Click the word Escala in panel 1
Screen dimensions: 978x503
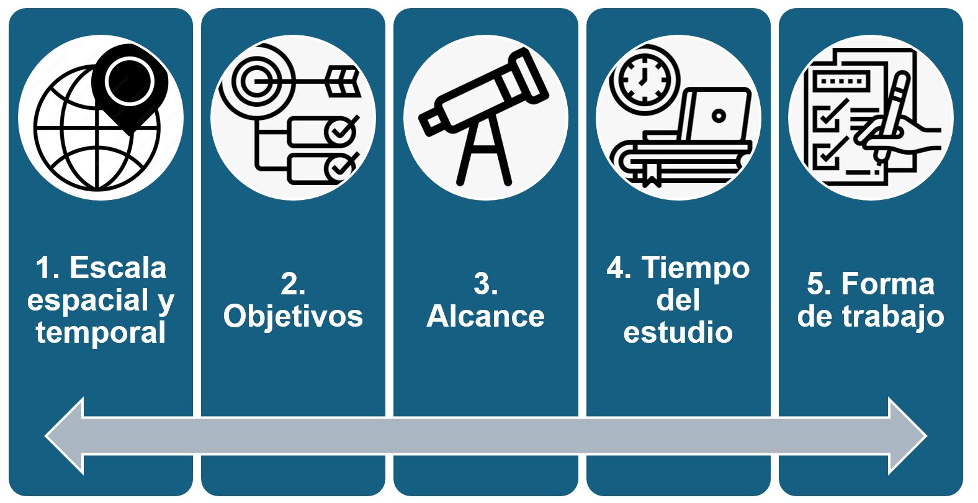(118, 268)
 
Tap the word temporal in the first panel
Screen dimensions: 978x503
(101, 333)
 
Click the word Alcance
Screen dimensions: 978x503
(486, 316)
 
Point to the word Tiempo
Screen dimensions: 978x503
(696, 268)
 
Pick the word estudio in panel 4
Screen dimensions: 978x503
(678, 332)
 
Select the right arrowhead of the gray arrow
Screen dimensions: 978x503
(908, 436)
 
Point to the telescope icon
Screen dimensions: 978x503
(484, 116)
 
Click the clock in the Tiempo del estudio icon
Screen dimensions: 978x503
(644, 80)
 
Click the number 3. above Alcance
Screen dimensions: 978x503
(486, 284)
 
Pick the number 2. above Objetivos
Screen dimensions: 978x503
(293, 284)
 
